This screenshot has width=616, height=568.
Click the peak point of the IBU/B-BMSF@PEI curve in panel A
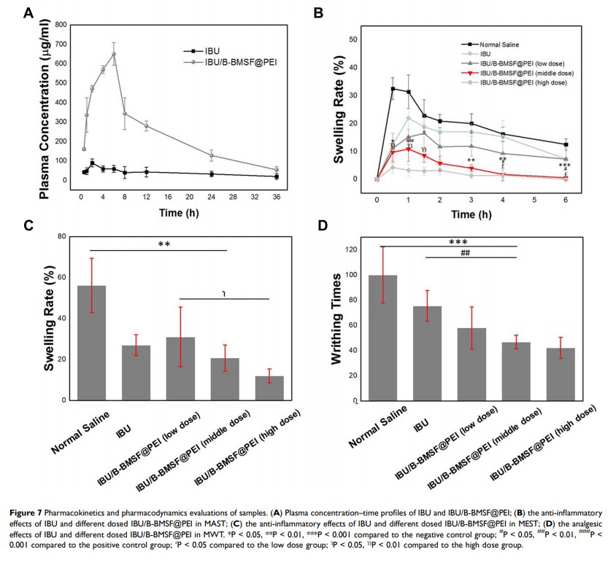pos(113,53)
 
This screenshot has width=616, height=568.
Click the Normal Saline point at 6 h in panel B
pos(566,144)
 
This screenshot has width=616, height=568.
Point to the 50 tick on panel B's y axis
pos(353,39)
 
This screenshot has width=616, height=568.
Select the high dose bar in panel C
pos(269,388)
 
